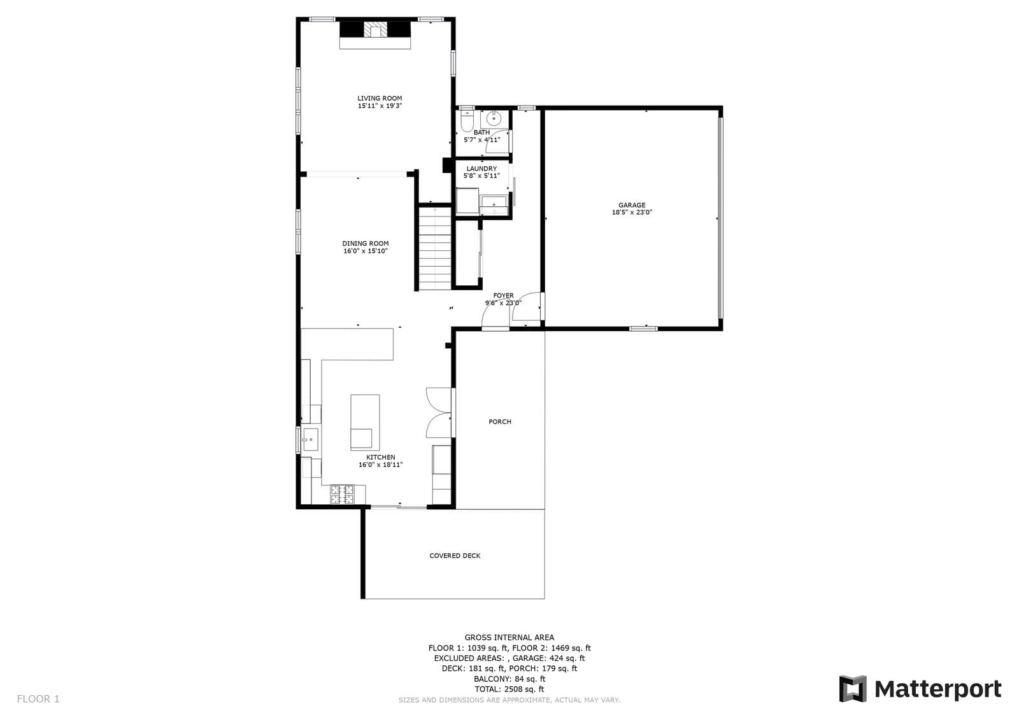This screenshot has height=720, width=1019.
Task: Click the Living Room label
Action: [x=380, y=98]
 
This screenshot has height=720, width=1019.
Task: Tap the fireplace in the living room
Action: [x=375, y=31]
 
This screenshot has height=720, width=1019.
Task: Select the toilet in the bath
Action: [x=467, y=120]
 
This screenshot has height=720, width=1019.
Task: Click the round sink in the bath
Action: [x=494, y=118]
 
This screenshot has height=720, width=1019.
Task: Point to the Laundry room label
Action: [x=481, y=169]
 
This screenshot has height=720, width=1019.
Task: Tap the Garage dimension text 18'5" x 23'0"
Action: [x=632, y=213]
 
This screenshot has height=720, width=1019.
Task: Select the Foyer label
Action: [x=503, y=295]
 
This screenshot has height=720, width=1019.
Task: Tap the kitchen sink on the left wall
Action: [x=310, y=439]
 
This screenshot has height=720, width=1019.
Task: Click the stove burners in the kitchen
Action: [x=342, y=495]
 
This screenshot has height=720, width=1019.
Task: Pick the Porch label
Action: [x=500, y=421]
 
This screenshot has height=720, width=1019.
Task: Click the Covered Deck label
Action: [x=455, y=556]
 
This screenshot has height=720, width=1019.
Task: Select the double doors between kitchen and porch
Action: [x=439, y=412]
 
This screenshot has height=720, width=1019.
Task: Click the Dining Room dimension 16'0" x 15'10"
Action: [x=366, y=251]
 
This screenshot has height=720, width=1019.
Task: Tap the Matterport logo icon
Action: [x=853, y=689]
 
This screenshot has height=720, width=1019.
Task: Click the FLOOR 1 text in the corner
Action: [x=38, y=699]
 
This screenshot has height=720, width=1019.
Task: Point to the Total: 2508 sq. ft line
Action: [x=509, y=689]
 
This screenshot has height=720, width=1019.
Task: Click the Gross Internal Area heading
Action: [x=509, y=637]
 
